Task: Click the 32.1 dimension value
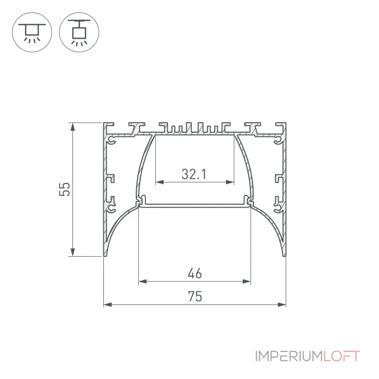tap(194, 174)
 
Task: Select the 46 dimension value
tap(195, 273)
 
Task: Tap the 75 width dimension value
tap(195, 297)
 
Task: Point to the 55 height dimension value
tap(64, 189)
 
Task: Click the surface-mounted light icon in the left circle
tap(32, 32)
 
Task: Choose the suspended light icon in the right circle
tap(79, 32)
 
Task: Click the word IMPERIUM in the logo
tap(289, 356)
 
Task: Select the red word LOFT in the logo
tap(342, 356)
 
